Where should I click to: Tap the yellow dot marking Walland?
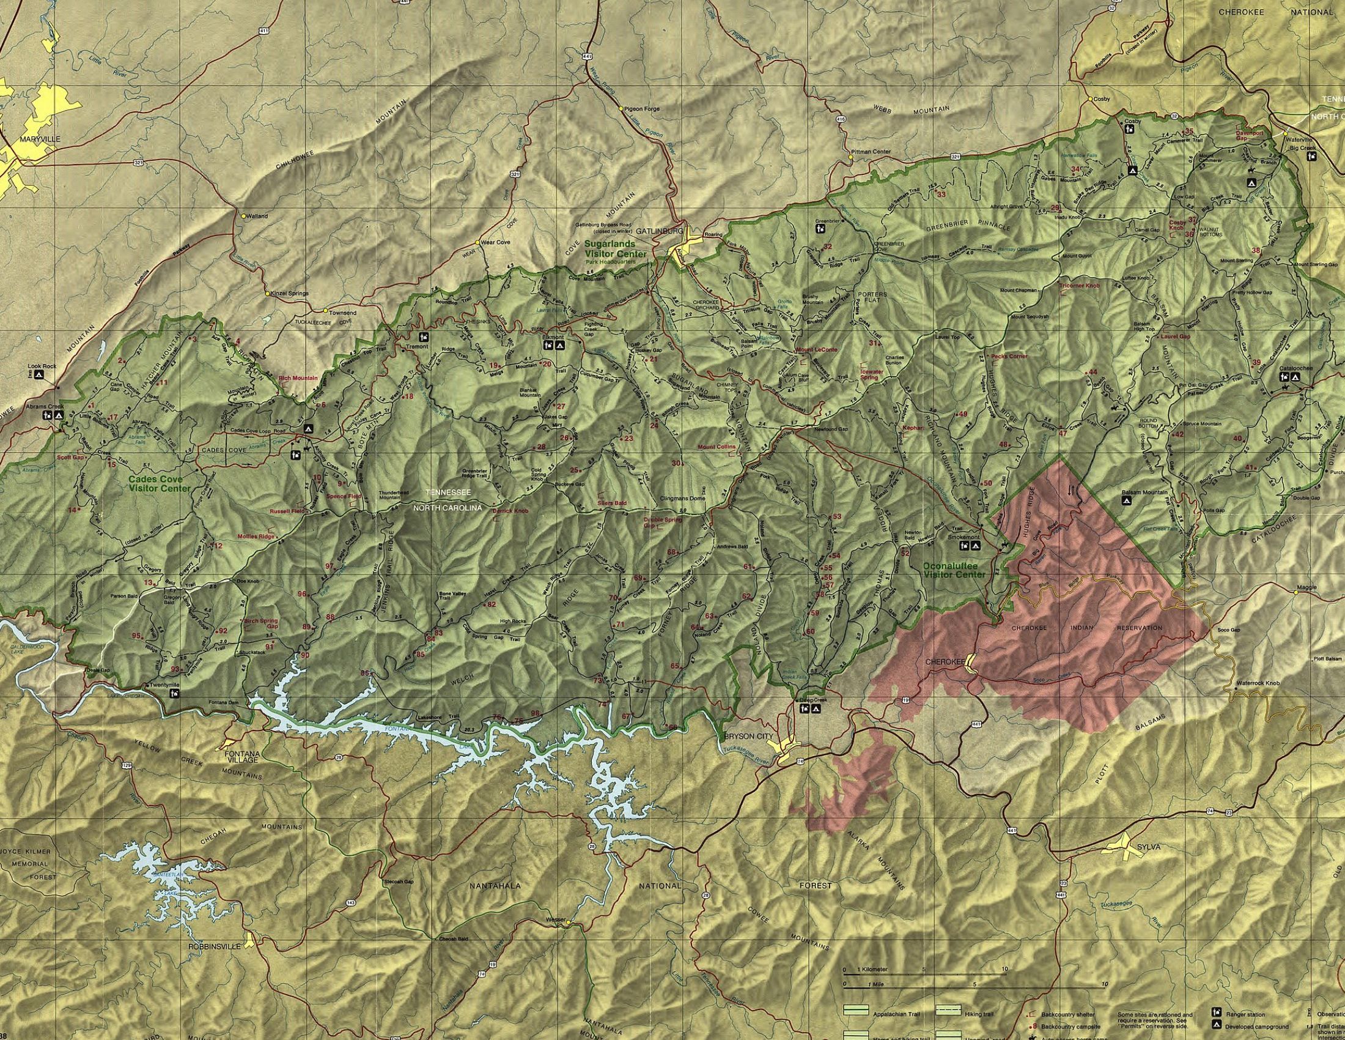coord(245,216)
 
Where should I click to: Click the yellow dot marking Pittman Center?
coord(850,157)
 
